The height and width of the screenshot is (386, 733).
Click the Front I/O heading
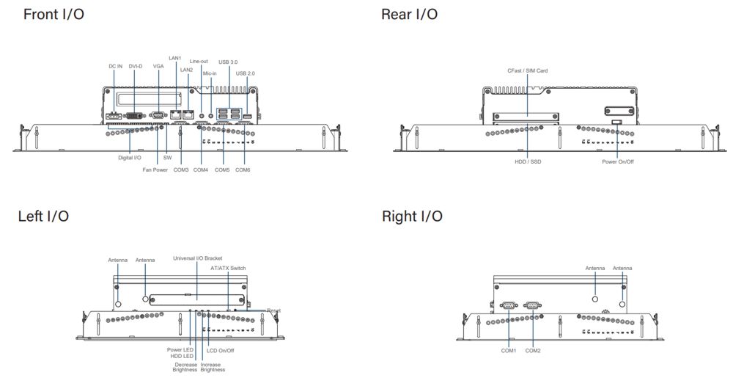click(54, 15)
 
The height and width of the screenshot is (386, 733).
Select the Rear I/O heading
click(410, 15)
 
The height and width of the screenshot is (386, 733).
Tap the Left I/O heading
click(43, 216)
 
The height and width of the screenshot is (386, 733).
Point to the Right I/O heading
click(412, 216)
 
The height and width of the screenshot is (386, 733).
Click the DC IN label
click(116, 66)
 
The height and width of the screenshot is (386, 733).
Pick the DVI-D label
click(136, 66)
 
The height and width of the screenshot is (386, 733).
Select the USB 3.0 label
click(228, 62)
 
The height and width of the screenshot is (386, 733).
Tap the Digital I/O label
click(130, 158)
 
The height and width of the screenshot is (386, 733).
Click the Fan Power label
click(155, 170)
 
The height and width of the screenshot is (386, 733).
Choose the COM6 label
click(243, 170)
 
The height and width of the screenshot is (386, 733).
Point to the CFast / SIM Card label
click(528, 70)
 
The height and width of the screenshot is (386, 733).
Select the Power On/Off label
click(618, 161)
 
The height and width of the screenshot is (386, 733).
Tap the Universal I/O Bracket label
click(197, 258)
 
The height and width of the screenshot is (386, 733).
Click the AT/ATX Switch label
click(228, 269)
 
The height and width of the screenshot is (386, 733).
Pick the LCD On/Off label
click(221, 350)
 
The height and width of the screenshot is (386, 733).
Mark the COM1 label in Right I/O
click(509, 350)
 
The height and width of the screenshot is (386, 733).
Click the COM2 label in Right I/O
click(532, 350)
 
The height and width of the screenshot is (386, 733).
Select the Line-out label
click(199, 62)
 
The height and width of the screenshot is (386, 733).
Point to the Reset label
click(273, 310)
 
